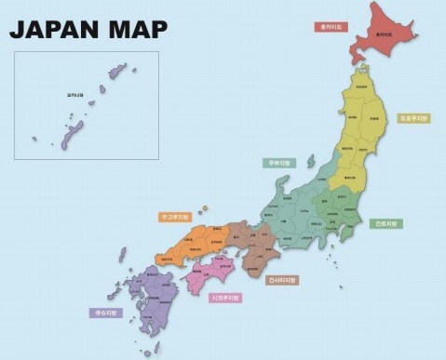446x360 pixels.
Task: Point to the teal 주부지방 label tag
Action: click(276, 162)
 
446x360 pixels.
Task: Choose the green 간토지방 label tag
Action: click(386, 223)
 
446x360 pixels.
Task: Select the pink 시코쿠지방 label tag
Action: click(223, 298)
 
